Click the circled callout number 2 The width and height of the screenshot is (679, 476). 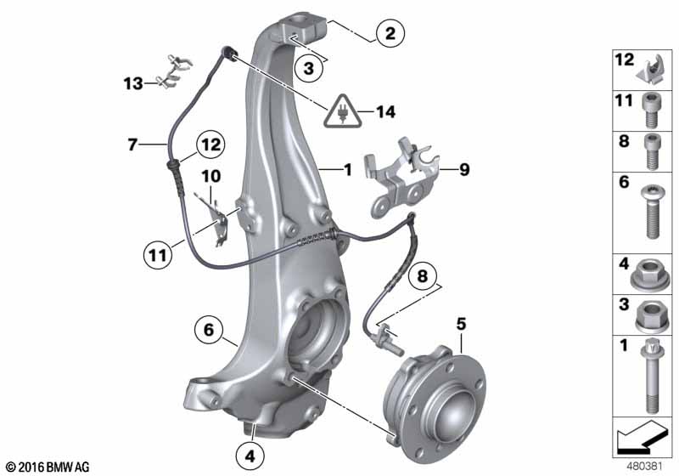[x=390, y=34]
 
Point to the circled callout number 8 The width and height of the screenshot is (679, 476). [x=421, y=275]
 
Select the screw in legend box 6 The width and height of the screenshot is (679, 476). [x=650, y=212]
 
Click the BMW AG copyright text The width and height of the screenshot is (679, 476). [x=47, y=467]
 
